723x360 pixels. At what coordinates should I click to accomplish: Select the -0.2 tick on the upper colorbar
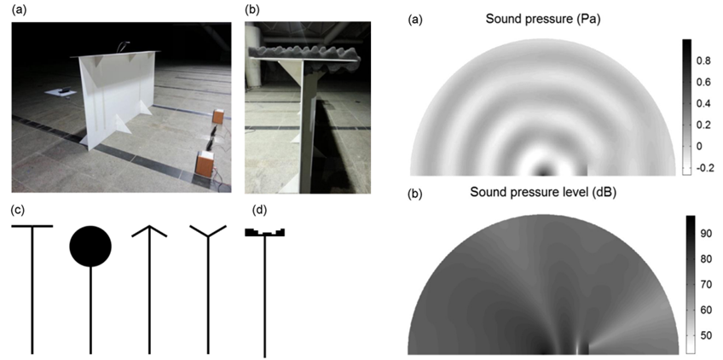(x=705, y=168)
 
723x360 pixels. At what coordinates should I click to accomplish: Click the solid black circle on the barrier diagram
(x=90, y=246)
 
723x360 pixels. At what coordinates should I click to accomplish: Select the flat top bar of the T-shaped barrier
(x=32, y=226)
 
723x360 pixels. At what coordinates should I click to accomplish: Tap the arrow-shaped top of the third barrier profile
(x=149, y=231)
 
